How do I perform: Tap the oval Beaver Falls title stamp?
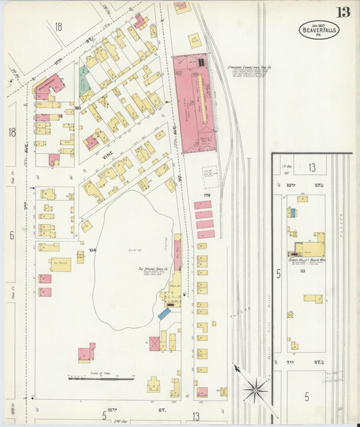click(x=319, y=30)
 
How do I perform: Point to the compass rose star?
click(x=255, y=388)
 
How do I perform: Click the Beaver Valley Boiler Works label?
click(x=307, y=259)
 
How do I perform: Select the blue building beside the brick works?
click(x=164, y=314)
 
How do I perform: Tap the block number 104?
click(x=93, y=250)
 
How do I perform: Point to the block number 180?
click(x=78, y=107)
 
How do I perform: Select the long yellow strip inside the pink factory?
click(x=200, y=101)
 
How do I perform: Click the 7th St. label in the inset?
click(x=317, y=363)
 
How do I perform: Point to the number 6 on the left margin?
click(x=11, y=235)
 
